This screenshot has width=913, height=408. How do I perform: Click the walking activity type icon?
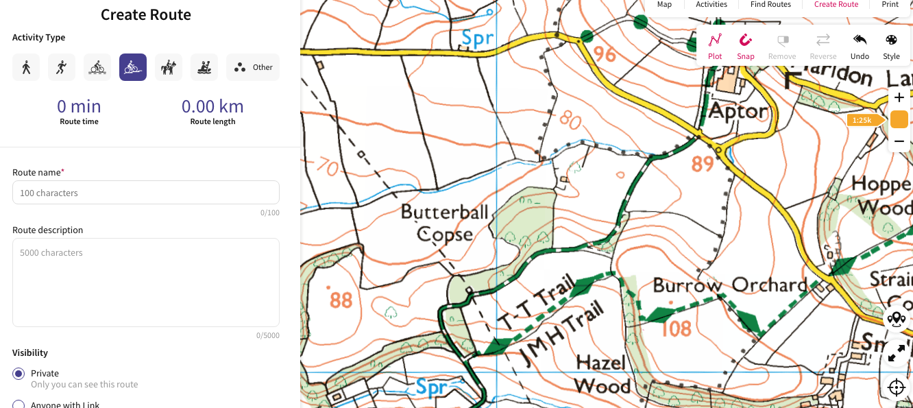(26, 67)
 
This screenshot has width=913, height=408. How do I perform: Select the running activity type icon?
(62, 67)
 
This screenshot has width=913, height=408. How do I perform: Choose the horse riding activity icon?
(169, 67)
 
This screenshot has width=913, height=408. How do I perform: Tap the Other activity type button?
(253, 67)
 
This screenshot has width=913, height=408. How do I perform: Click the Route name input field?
(146, 193)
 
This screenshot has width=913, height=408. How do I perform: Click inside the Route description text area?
(146, 282)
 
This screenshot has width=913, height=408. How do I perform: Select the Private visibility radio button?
(19, 374)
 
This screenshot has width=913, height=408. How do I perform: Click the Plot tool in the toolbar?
(715, 47)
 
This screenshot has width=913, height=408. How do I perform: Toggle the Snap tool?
(746, 47)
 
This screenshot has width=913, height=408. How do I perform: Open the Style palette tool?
(891, 47)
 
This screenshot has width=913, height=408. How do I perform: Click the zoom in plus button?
(899, 97)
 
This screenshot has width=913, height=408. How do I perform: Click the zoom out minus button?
(899, 141)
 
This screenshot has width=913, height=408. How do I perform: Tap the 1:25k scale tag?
(863, 120)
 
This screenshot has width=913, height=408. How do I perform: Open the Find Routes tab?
(770, 5)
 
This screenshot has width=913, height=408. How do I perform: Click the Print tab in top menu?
(890, 5)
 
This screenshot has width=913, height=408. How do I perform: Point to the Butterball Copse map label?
(445, 223)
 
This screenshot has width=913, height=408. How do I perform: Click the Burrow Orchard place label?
(730, 285)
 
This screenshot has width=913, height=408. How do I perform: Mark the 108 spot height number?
(677, 328)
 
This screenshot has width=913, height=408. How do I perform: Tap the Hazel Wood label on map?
(602, 374)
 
